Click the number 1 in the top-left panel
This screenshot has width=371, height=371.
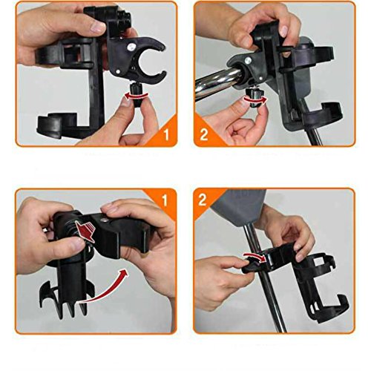tap(166, 135)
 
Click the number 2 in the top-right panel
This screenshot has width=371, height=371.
tap(203, 135)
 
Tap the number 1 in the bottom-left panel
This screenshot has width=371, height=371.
tap(165, 200)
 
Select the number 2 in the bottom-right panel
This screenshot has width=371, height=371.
tap(203, 200)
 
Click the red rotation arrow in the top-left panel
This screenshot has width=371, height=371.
tap(137, 96)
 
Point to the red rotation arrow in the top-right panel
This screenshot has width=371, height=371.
tap(255, 99)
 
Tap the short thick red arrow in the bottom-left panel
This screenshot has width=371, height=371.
tap(85, 232)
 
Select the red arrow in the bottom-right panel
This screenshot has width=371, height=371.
tap(255, 257)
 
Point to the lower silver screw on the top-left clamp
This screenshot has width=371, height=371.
tap(118, 71)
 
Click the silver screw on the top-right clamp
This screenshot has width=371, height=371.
tap(248, 60)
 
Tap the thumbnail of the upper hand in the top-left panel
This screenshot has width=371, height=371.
tap(98, 27)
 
